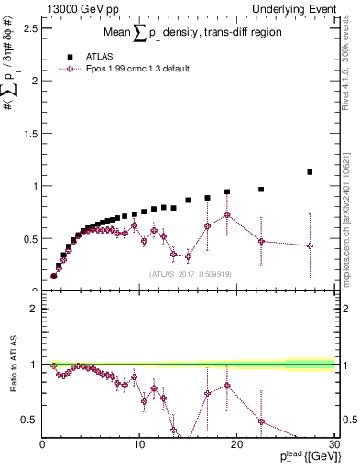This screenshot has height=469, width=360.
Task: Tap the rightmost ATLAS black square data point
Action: click(x=310, y=172)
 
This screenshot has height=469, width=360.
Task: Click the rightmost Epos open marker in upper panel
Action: click(x=310, y=245)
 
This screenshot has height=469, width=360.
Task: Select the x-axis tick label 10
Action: click(x=139, y=445)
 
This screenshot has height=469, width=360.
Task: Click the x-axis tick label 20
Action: click(x=236, y=445)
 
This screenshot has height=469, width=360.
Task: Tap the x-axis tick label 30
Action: click(x=333, y=445)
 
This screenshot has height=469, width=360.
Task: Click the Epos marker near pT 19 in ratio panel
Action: click(x=227, y=386)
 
